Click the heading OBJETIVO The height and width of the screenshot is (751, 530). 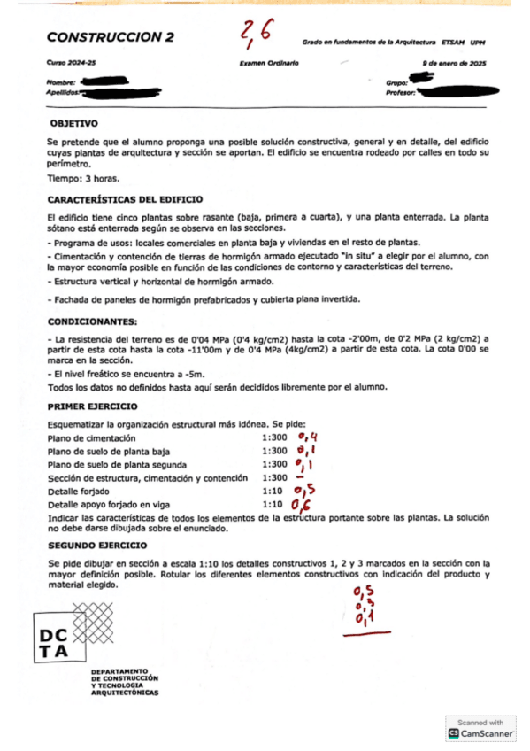point(74,124)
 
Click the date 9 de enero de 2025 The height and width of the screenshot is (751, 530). point(455,65)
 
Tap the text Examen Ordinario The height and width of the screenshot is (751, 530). point(269,65)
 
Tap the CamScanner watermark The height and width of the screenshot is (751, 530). point(480,729)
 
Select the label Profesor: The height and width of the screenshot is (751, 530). point(401,91)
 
